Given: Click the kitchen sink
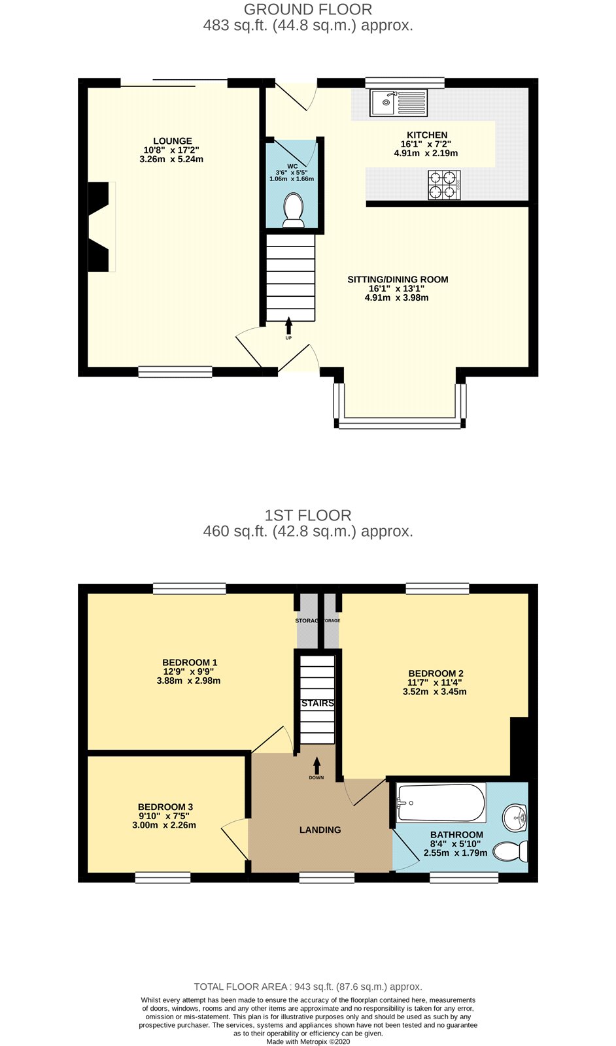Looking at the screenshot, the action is coord(398,103).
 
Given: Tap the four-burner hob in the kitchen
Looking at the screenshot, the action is coord(443,185).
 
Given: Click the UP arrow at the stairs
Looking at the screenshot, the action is coord(288,326).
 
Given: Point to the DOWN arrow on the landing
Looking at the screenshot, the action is coord(317,765).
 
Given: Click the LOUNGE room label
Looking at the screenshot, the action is coord(173,141).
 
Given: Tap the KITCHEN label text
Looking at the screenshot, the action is coord(427,135).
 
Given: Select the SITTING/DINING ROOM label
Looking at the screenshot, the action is coord(398,279).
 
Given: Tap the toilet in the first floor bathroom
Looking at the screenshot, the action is coord(511,851).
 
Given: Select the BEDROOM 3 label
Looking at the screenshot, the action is coord(165,807).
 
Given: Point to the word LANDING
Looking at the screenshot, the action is coord(320,830).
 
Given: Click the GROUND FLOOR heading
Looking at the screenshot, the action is coord(308,9).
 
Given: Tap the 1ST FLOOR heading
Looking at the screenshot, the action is coord(308,516).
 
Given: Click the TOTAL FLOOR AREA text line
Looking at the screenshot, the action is coord(308,987).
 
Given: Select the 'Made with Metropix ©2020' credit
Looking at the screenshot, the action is coord(308,1041).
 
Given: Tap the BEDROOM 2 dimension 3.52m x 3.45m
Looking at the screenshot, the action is coord(434,692).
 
